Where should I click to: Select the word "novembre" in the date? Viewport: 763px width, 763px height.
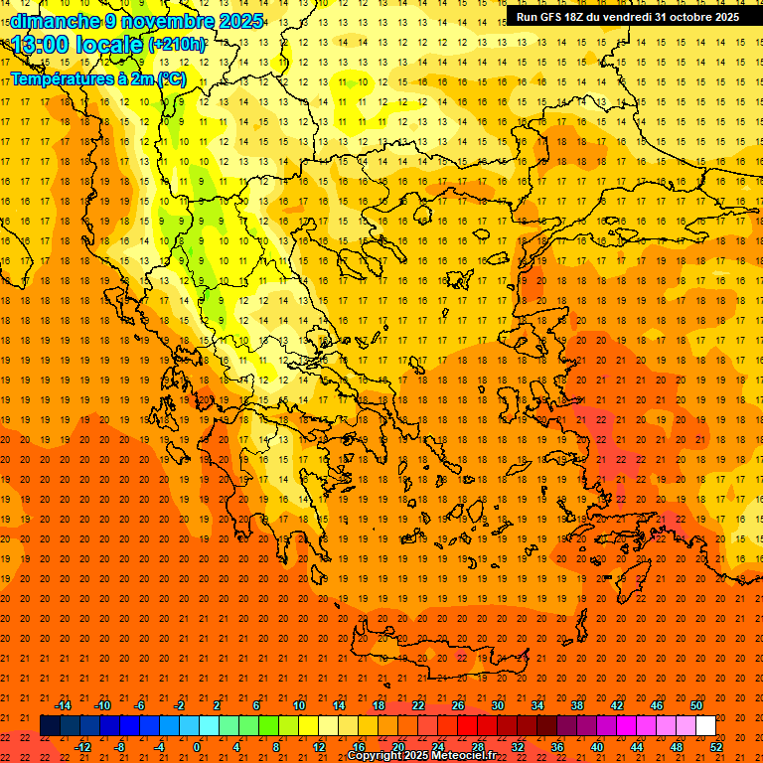(x=160, y=21)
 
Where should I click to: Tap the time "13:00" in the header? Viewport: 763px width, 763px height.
(x=43, y=45)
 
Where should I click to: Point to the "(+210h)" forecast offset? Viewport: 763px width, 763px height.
(x=178, y=45)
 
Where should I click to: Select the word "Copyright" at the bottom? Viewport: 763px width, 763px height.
(x=377, y=756)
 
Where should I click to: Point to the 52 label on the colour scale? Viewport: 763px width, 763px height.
(x=717, y=747)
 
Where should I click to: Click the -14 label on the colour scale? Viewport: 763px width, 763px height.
(x=63, y=705)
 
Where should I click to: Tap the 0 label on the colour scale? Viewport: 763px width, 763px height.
(x=197, y=747)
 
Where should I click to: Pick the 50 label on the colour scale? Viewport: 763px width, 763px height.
(x=696, y=705)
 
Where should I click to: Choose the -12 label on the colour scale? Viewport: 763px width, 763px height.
(x=82, y=747)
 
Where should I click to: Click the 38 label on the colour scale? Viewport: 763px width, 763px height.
(x=576, y=705)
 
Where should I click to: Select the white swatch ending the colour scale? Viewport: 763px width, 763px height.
(x=705, y=726)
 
